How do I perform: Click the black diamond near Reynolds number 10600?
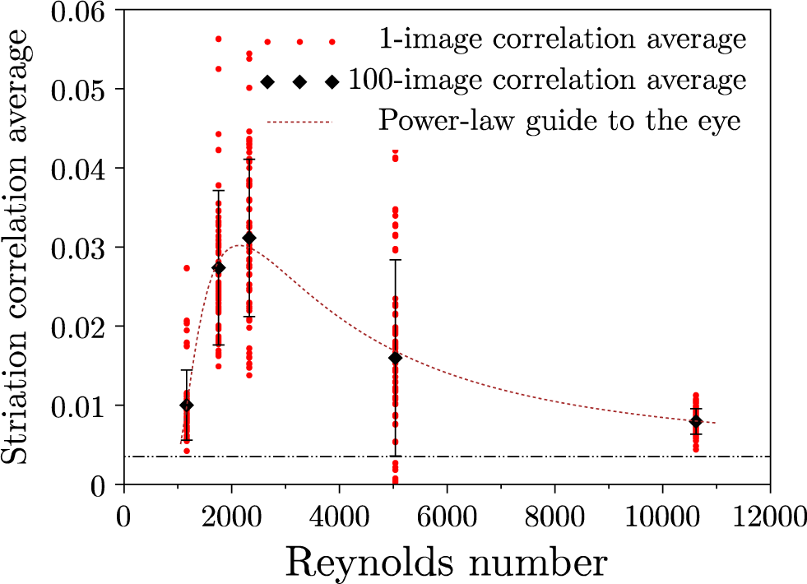696,422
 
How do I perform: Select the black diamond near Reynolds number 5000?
395,358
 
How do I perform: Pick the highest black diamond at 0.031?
249,238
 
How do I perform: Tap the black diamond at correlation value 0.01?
187,405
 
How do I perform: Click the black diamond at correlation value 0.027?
218,268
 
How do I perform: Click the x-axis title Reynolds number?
447,563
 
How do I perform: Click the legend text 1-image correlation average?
563,39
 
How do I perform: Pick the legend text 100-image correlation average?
548,81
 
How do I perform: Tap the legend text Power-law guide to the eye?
560,122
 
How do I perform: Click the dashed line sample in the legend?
299,123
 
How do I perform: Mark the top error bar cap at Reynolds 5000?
395,260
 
